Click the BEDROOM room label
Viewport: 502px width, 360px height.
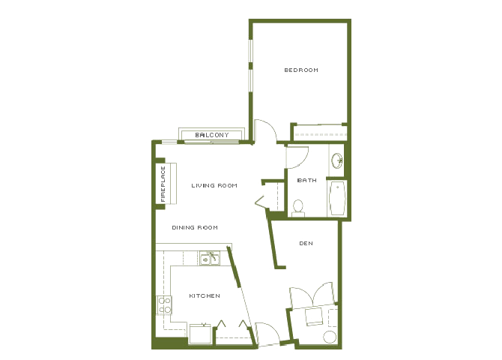coord(300,70)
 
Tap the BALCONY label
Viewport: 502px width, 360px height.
coord(211,135)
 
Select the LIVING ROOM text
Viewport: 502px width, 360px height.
coord(214,185)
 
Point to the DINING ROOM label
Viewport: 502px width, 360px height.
coord(194,227)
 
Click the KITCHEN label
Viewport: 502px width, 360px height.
coord(204,295)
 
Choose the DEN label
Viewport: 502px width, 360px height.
coord(305,243)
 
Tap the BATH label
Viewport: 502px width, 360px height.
coord(306,180)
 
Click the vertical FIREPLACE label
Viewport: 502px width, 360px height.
coord(163,184)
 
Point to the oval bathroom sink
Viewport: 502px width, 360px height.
coord(338,159)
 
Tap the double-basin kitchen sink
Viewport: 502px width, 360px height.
coord(209,259)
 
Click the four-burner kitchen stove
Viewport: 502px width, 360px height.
coord(164,305)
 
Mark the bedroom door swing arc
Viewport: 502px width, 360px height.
coord(265,130)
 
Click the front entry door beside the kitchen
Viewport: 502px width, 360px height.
coord(267,333)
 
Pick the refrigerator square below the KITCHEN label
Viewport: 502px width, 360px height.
coord(199,333)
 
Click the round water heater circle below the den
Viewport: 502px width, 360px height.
coord(330,337)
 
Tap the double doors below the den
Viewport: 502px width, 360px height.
coord(311,293)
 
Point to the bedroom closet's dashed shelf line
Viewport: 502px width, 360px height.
coord(319,134)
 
